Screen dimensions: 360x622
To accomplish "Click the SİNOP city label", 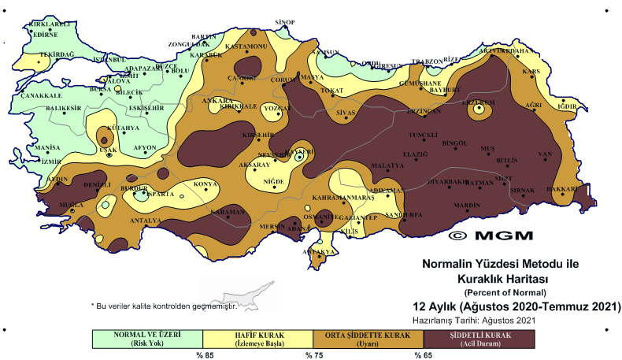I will [x=284, y=22].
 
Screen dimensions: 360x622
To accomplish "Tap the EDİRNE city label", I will [x=44, y=35].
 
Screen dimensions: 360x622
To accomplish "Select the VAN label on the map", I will [x=543, y=154].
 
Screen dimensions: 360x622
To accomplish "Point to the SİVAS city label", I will [x=346, y=114].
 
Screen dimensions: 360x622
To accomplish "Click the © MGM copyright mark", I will [x=490, y=235].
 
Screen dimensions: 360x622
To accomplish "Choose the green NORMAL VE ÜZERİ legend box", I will [x=147, y=338].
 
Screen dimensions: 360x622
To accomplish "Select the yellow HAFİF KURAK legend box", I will [x=257, y=338].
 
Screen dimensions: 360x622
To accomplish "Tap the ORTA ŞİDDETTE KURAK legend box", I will [x=368, y=338].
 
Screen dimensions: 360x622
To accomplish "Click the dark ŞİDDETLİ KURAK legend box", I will [x=479, y=338].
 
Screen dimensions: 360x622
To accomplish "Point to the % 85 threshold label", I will [x=205, y=354].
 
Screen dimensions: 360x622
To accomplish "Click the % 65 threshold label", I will [x=424, y=354].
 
